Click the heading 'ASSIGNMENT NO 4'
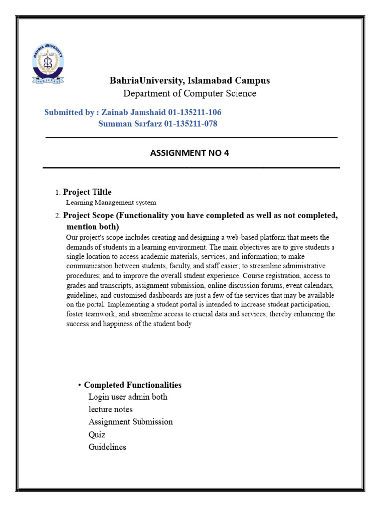[190, 153]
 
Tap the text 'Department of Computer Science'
[190, 93]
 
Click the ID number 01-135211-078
[187, 124]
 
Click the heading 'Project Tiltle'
[88, 192]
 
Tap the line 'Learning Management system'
[111, 202]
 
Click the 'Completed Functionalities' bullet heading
[133, 385]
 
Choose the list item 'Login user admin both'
[128, 397]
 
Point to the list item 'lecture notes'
[110, 409]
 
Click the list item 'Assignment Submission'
[131, 422]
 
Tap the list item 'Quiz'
[97, 435]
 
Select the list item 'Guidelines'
[107, 447]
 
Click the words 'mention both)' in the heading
[93, 227]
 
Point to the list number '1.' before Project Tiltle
[58, 192]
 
